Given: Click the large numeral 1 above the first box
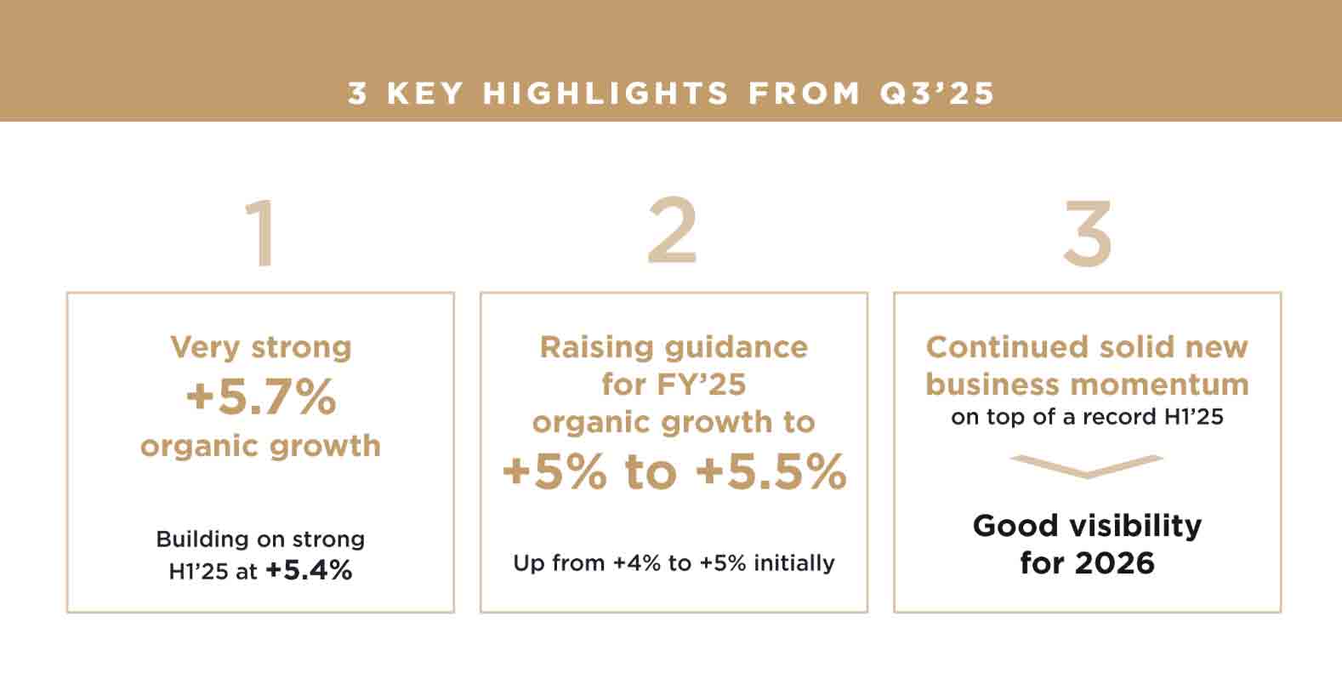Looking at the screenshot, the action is tap(262, 233).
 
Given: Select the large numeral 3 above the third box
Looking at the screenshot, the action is tap(1088, 233).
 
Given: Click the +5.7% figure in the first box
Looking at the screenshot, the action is tap(261, 397).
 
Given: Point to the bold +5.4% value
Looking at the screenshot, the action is tap(310, 571).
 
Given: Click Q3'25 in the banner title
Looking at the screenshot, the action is tap(937, 94).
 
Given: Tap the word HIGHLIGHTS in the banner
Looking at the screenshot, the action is tap(606, 94).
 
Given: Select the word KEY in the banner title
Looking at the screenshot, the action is tap(424, 94).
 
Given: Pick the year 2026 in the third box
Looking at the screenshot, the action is tap(1114, 563).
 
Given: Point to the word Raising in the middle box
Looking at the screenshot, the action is tap(597, 348).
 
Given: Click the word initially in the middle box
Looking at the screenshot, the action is tap(793, 563).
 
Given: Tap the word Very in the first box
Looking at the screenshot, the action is tap(205, 348).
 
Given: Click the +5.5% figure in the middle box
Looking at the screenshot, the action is tap(771, 472).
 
